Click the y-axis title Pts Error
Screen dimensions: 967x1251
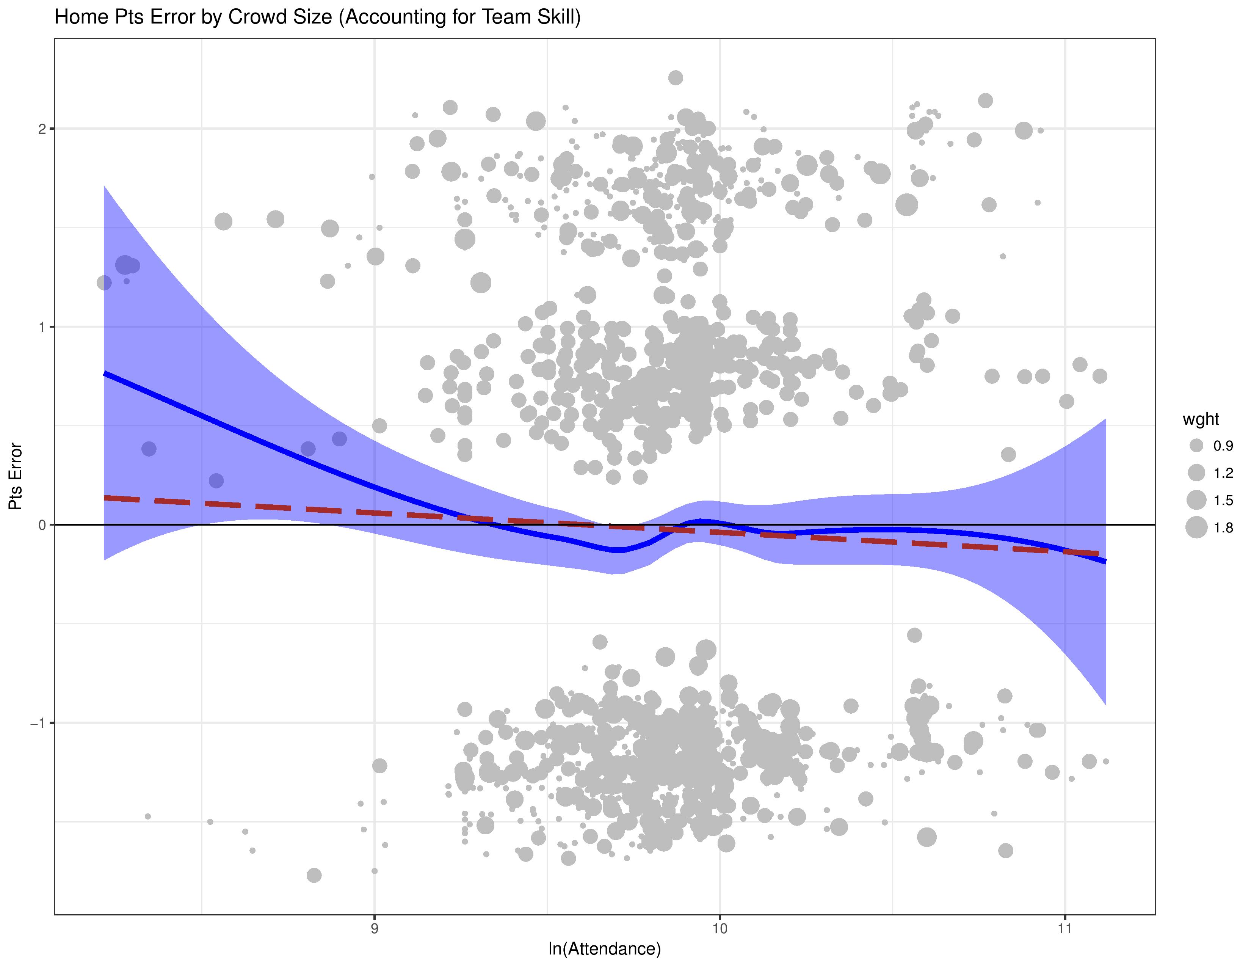tap(16, 477)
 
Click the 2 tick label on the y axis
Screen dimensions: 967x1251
tap(42, 129)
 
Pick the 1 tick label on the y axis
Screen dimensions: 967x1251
tap(42, 327)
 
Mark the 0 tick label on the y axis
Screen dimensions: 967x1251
tap(42, 525)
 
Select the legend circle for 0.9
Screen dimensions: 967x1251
tap(1196, 446)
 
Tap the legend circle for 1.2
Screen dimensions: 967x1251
tap(1196, 473)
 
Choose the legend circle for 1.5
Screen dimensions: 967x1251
tap(1196, 500)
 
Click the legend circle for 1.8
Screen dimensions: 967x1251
tap(1196, 527)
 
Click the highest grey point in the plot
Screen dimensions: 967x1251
tap(676, 78)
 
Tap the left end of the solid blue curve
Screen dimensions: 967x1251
tap(105, 374)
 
